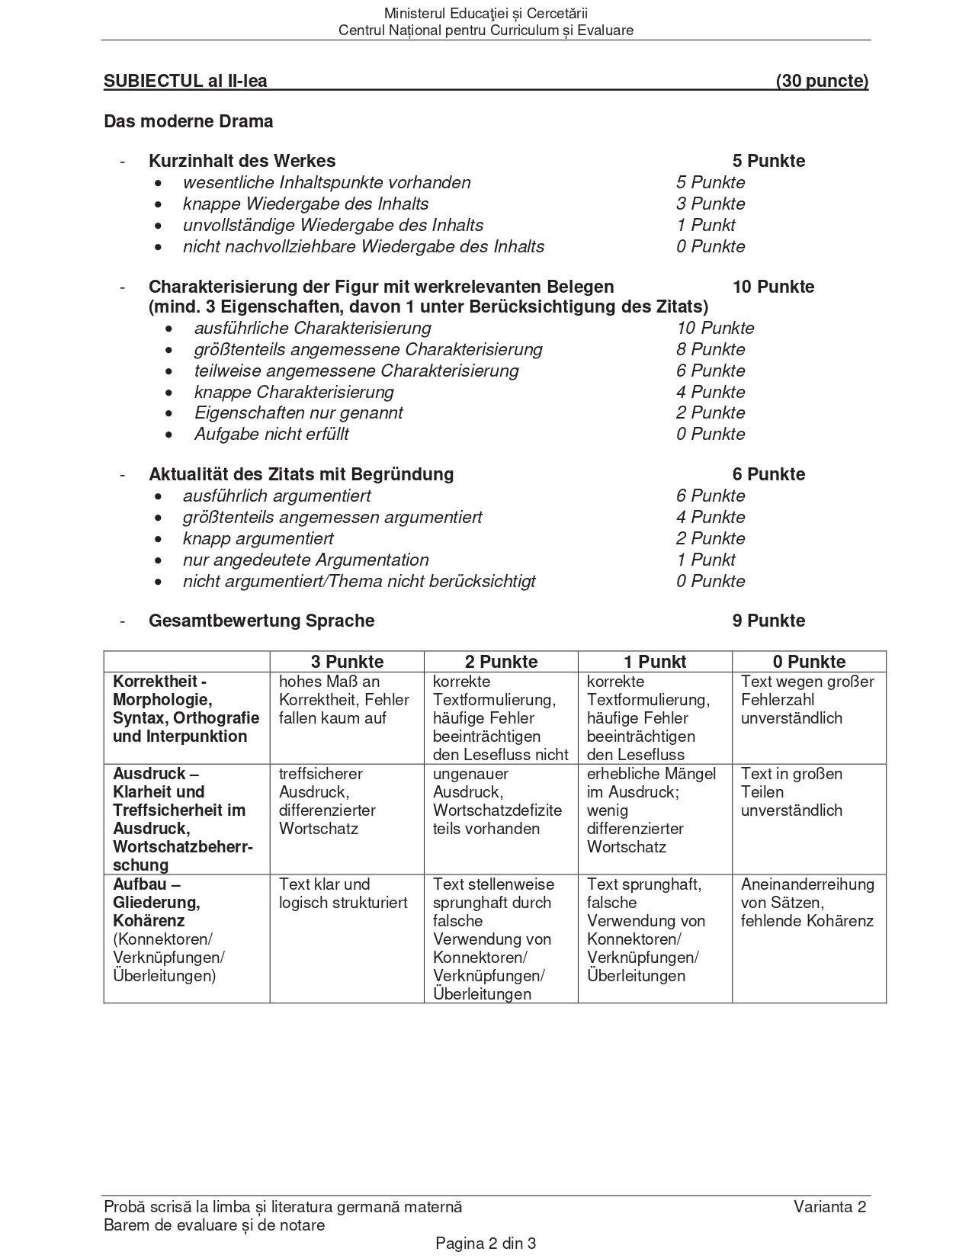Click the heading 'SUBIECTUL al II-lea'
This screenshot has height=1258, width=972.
click(185, 82)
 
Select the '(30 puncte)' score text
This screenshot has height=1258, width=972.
click(822, 82)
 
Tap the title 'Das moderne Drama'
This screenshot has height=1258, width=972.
click(188, 121)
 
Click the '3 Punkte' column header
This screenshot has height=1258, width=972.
click(347, 662)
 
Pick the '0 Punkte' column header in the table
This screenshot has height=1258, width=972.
click(809, 662)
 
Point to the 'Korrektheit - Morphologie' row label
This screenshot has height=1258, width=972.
click(186, 709)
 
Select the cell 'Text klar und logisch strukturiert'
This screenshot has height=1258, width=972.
click(343, 894)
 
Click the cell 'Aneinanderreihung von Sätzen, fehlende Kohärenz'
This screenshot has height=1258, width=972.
click(807, 903)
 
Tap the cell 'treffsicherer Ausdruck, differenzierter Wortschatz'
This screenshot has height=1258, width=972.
click(327, 801)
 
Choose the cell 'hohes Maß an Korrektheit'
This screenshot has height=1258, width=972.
click(344, 700)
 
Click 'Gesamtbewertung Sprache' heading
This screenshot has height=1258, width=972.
click(261, 621)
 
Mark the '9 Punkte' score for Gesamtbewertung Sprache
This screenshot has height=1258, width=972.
click(768, 621)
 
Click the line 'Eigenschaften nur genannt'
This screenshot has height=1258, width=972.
click(298, 412)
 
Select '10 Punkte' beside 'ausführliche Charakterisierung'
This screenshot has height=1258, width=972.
click(715, 328)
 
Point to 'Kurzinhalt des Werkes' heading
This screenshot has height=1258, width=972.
click(242, 161)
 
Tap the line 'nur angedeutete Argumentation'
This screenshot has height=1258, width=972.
click(305, 560)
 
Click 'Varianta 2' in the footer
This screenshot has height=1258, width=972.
click(829, 1206)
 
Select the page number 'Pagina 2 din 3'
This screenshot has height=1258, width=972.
click(486, 1244)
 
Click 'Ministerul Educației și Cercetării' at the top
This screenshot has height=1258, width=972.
click(486, 13)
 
